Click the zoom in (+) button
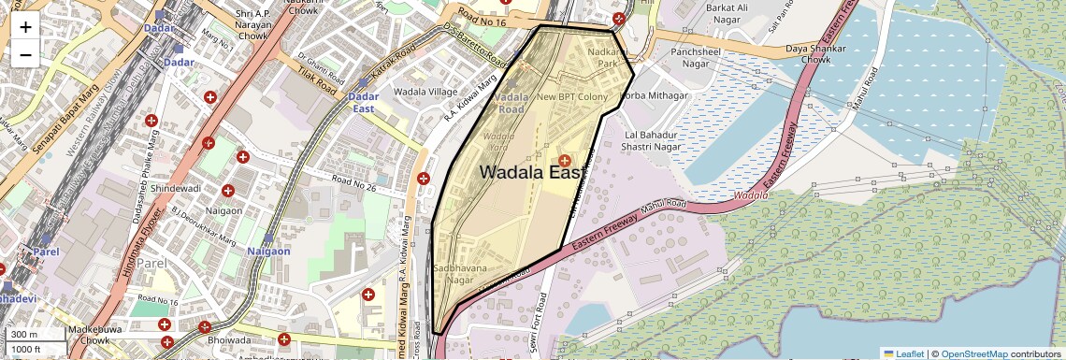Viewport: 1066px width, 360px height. pos(25,26)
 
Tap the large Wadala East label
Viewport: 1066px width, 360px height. pos(531,172)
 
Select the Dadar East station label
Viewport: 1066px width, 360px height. pos(363,102)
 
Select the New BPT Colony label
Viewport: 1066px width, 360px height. pos(571,96)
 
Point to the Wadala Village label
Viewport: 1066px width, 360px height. pos(425,92)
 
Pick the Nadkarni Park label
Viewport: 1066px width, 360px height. pos(608,58)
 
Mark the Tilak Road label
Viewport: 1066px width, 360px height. pos(312,83)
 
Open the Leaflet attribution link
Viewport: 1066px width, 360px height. pos(902,353)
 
